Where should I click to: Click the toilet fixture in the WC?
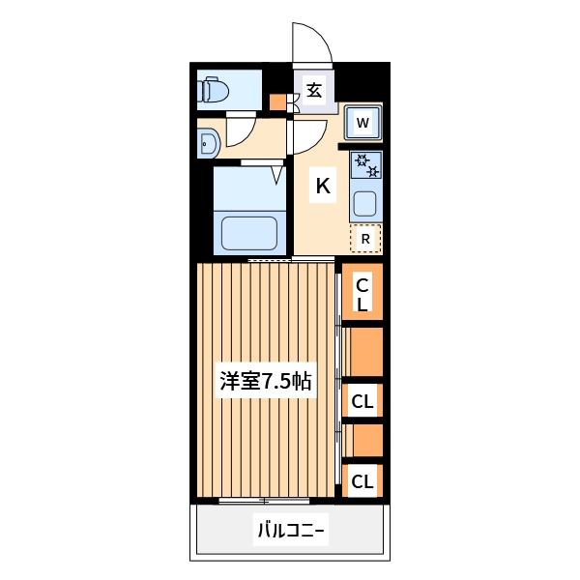pos(215,92)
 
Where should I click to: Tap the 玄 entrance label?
pos(314,91)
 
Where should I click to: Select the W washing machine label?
pos(362,123)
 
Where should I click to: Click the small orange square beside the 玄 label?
pos(277,101)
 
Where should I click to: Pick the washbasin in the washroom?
pos(209,145)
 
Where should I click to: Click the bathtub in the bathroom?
pos(249,232)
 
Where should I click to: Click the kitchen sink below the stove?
pos(365,204)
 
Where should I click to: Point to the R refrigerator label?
pos(365,238)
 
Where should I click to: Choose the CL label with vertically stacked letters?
pos(362,294)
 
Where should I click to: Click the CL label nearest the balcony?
pos(362,480)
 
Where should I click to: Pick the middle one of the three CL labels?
pos(362,399)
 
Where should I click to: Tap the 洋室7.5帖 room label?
pos(265,381)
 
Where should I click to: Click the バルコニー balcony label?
pos(291,530)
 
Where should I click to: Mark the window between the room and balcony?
pos(264,500)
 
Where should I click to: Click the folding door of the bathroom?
pos(277,173)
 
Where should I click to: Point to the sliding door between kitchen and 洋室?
pos(270,259)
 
